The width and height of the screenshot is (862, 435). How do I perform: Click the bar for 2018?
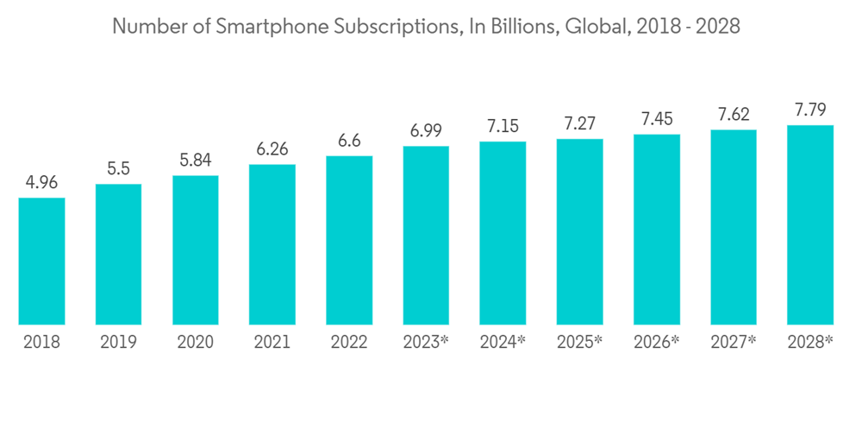41,261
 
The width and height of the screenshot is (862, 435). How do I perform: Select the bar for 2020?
195,249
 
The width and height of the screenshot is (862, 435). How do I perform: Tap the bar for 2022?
349,240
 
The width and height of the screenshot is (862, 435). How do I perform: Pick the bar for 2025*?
579,231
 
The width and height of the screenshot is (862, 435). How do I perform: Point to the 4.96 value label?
41,183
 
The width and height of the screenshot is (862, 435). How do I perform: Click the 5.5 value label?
118,169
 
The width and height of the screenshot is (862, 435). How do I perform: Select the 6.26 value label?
272,149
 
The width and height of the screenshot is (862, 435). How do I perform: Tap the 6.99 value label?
426,131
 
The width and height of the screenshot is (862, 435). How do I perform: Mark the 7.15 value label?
503,126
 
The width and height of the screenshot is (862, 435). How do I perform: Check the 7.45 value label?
657,119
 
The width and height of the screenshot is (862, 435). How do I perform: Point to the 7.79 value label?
810,110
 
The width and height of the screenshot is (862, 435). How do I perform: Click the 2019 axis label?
118,343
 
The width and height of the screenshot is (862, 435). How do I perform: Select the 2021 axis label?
272,343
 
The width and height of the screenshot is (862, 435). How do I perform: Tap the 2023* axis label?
426,343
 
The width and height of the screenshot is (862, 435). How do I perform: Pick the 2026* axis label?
657,343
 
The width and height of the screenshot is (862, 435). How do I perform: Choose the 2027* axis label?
734,343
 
